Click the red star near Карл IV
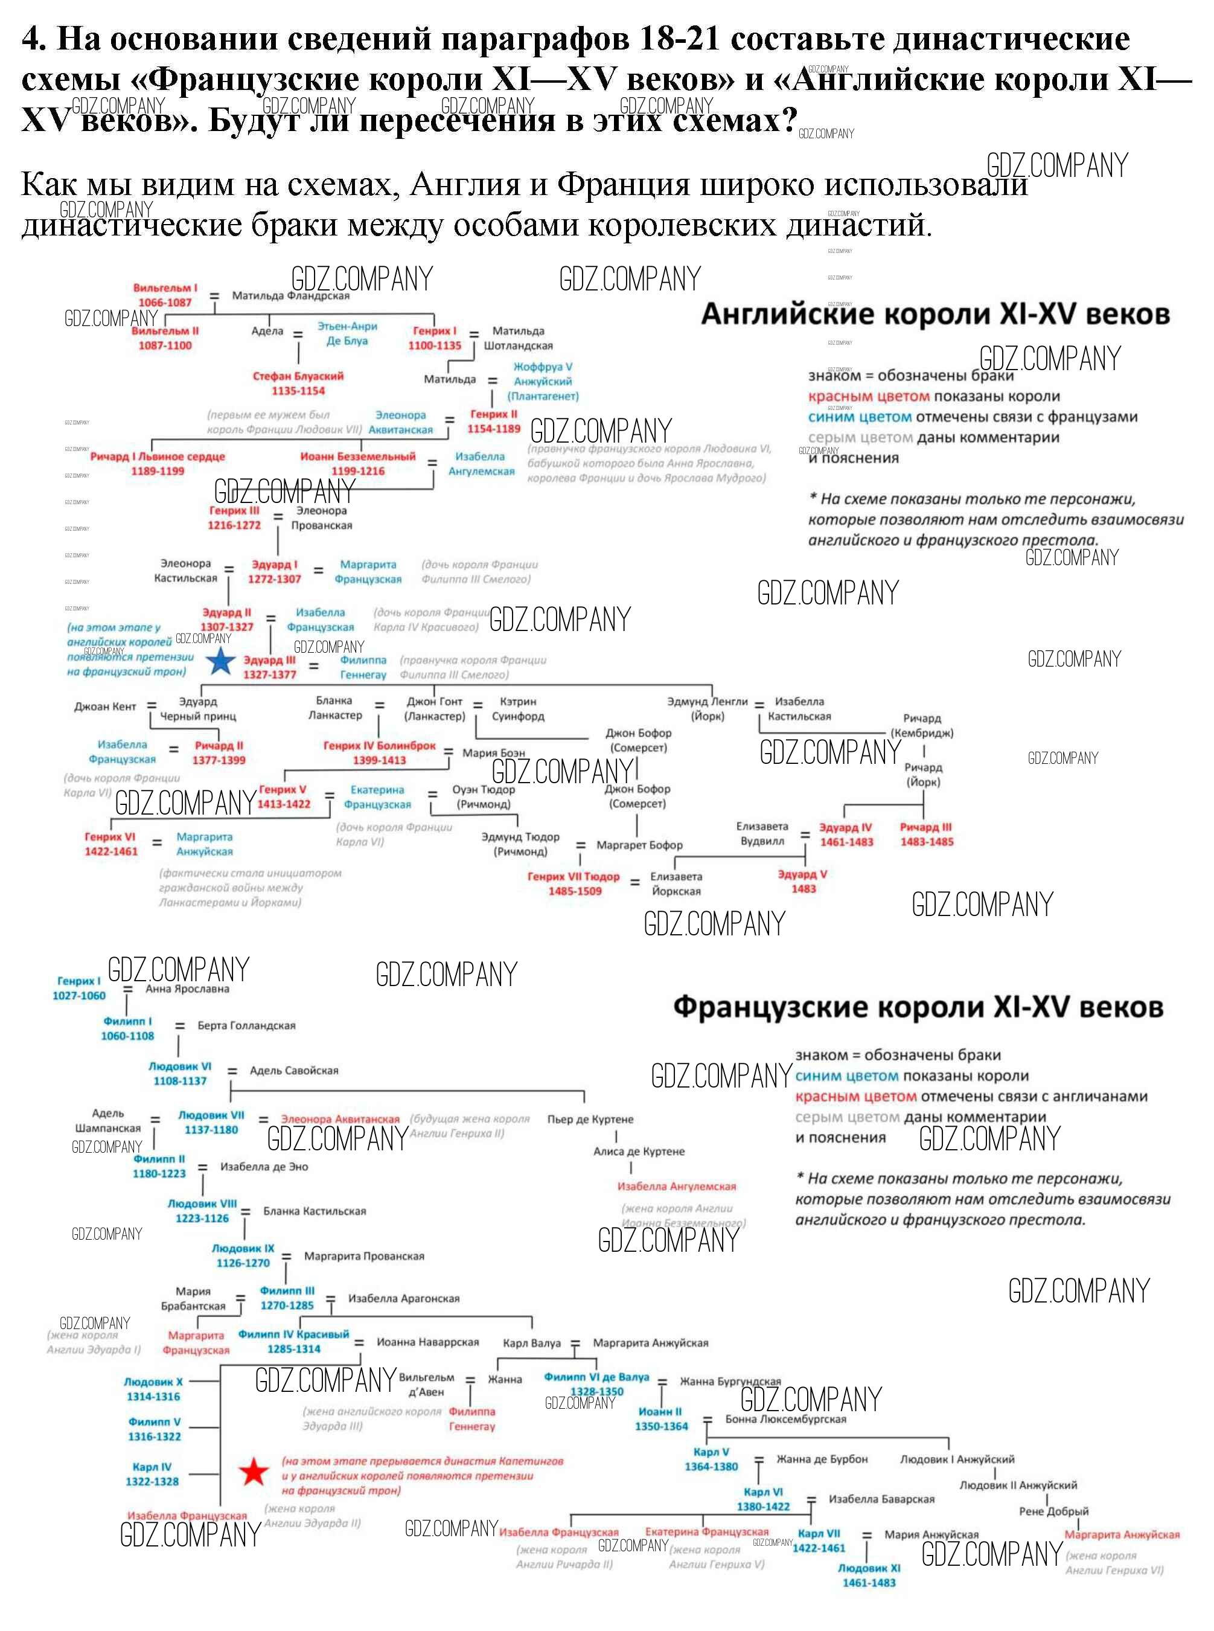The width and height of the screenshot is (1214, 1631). pos(254,1472)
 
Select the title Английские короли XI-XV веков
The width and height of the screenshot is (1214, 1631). pos(934,315)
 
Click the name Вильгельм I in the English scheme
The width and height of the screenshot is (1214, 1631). pos(165,288)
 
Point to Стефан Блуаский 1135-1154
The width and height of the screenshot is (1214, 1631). pos(298,383)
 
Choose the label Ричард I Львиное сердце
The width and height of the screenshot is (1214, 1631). pos(158,457)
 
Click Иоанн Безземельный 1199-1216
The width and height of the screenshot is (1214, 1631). pos(358,463)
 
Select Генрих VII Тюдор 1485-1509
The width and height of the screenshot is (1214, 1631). pos(574,883)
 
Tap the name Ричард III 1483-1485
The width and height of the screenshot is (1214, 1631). pos(926,835)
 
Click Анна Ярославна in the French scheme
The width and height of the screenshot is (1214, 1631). pos(187,989)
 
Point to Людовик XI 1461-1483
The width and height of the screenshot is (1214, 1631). pos(869,1575)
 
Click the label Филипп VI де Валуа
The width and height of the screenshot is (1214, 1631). pos(596,1377)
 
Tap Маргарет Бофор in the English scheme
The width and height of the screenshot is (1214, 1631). pos(639,845)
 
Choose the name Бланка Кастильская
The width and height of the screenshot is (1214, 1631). pos(315,1211)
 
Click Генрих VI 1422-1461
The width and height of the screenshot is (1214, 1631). pos(110,844)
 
